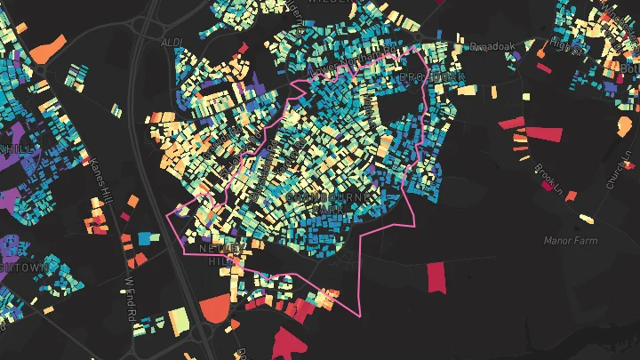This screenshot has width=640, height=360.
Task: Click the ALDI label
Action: coord(171,42)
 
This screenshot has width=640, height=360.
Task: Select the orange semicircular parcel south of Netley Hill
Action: coord(214,310)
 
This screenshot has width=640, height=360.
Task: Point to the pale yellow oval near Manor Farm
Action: coord(588,218)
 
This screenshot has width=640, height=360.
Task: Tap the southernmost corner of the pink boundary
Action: coord(359,316)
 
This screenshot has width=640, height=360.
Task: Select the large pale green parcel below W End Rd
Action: coord(179,317)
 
